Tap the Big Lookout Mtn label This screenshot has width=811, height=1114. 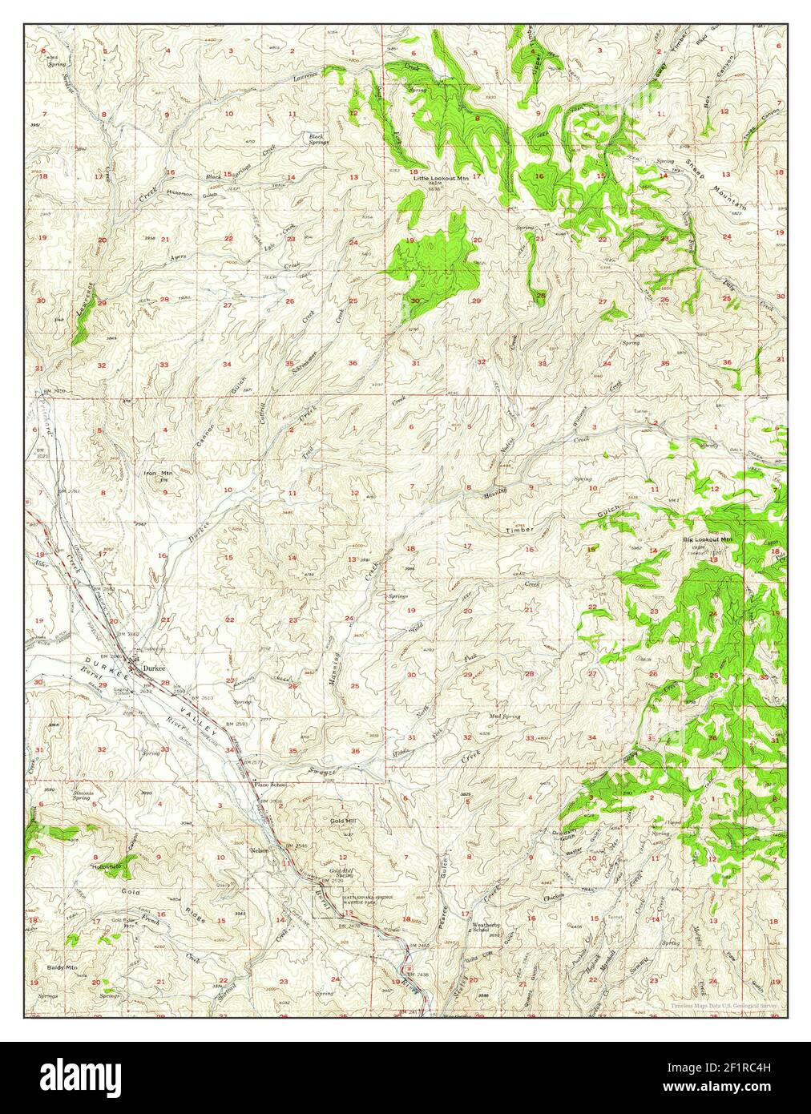pyautogui.click(x=708, y=539)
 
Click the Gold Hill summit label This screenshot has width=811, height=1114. pyautogui.click(x=342, y=821)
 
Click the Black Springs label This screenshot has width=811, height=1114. pyautogui.click(x=318, y=139)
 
